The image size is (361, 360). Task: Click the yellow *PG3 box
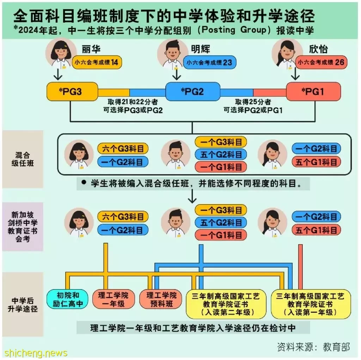coord(72,91)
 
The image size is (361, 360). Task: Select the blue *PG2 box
coord(193,91)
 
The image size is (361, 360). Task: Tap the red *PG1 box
coord(313,91)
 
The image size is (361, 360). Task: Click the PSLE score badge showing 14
coord(97,62)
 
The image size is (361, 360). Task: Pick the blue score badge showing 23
coord(210,62)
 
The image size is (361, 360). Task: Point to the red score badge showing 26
coord(321,62)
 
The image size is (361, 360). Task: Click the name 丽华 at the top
coord(91,49)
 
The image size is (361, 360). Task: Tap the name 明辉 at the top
coord(201,49)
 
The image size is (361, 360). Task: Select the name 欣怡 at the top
coord(318,49)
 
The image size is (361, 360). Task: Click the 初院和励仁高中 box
coord(67,299)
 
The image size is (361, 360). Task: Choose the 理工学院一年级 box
coord(114,299)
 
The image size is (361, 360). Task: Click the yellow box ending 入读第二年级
coord(226,304)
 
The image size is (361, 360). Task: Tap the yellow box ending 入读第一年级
coord(311,304)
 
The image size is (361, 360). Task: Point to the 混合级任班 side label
coord(23,159)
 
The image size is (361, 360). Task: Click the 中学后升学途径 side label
coord(23,305)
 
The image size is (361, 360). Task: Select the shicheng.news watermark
coord(36,353)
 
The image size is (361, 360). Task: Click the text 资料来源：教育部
coord(313,347)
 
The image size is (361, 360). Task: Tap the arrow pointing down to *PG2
coord(177,74)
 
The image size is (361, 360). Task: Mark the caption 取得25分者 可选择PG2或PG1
coord(253,106)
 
